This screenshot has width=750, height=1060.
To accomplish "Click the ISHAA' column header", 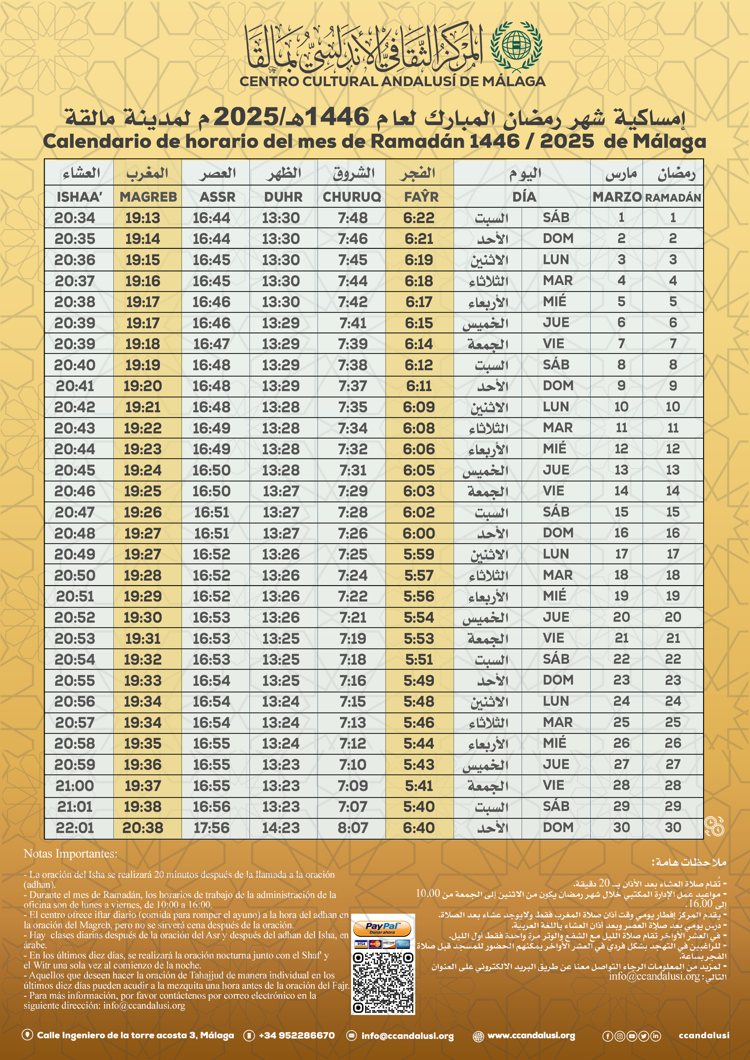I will (79, 197).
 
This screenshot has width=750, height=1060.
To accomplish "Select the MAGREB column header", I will (148, 197).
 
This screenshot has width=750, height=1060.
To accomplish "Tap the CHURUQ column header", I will (352, 197).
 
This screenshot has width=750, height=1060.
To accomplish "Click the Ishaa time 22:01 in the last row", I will (75, 828).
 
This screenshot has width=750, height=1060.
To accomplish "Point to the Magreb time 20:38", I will (143, 828).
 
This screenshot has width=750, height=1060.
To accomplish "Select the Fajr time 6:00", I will (419, 533).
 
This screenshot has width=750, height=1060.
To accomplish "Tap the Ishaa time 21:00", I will (75, 786).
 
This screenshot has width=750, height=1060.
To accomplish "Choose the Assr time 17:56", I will (211, 828).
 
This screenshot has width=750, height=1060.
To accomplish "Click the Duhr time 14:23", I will (281, 828).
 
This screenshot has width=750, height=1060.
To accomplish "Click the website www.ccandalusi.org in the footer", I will (531, 1036).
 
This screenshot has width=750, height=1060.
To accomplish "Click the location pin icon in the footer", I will (27, 1035).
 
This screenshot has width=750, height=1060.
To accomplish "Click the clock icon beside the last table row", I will (714, 826).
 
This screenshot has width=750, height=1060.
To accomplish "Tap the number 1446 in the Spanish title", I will (494, 141).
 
